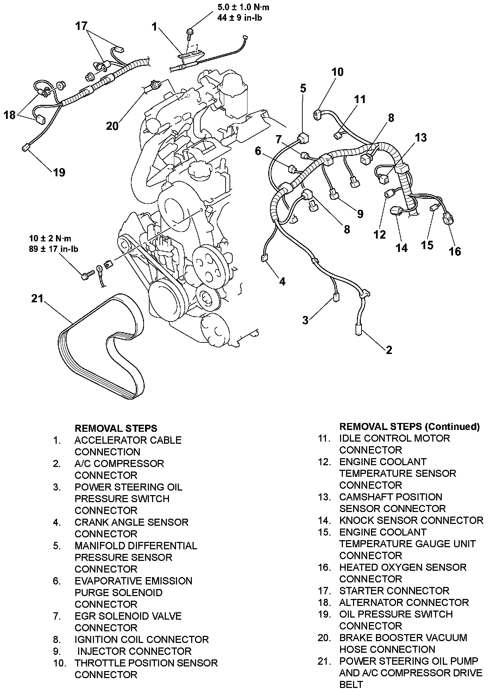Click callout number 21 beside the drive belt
click(x=37, y=298)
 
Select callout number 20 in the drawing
click(x=112, y=126)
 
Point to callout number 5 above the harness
click(x=303, y=88)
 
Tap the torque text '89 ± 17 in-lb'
click(x=54, y=249)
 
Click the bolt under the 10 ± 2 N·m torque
click(x=87, y=275)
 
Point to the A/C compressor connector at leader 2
click(x=358, y=329)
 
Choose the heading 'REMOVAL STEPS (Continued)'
click(x=409, y=426)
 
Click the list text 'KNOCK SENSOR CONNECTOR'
click(x=411, y=520)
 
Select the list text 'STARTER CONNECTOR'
click(x=394, y=590)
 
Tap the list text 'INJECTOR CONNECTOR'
click(x=134, y=651)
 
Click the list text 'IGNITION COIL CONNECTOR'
click(x=142, y=639)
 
